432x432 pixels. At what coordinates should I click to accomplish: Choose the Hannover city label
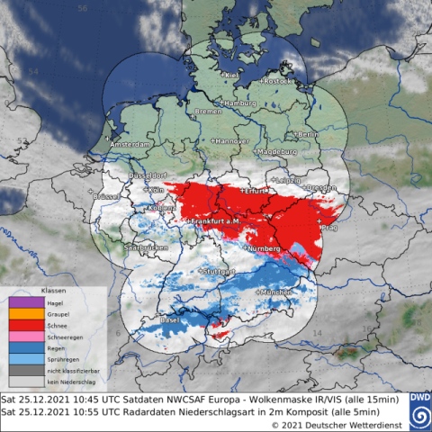(229, 141)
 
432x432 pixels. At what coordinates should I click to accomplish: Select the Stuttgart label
(218, 271)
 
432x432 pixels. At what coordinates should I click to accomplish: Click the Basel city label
(143, 319)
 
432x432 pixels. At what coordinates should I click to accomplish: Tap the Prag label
(327, 226)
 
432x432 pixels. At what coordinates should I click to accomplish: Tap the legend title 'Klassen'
(53, 292)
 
